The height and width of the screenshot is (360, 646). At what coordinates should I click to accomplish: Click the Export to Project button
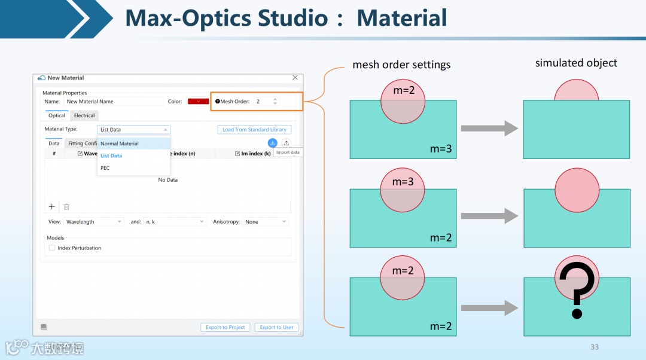coord(226,327)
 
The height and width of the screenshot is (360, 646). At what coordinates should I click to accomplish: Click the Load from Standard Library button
coord(254,130)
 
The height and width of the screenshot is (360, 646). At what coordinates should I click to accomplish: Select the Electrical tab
coord(84,115)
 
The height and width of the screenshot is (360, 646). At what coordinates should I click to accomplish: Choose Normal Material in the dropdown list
coord(120,144)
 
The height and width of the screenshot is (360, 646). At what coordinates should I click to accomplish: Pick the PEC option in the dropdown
coord(105,168)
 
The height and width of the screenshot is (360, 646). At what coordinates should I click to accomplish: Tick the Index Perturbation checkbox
coord(52,248)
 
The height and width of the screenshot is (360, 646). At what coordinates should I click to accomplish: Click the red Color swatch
coord(198,102)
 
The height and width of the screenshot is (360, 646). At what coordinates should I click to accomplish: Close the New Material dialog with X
coord(295,78)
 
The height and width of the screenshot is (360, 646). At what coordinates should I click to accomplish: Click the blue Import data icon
coord(272,143)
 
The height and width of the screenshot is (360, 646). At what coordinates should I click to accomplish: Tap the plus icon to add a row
coord(52,206)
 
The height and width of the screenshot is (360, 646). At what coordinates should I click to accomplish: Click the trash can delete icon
coord(66,206)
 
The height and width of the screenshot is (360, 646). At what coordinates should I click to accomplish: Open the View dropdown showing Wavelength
coord(94,222)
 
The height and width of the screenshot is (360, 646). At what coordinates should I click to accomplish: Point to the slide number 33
coord(594,347)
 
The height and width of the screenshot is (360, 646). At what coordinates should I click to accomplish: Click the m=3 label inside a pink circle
coord(403,181)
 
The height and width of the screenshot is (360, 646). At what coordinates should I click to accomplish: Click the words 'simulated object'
coord(576,63)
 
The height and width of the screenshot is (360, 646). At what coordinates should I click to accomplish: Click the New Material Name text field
coord(113,102)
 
